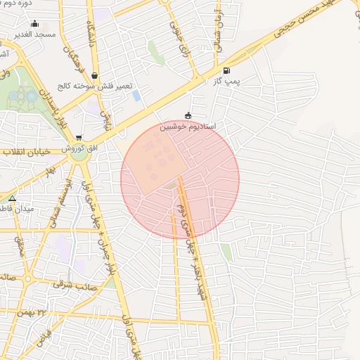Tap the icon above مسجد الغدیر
point(35,23)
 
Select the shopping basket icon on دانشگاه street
point(94,75)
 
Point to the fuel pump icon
point(226,70)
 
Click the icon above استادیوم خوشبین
point(188,115)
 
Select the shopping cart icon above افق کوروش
point(78,138)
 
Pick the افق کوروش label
point(73,148)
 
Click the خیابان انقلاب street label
point(23,151)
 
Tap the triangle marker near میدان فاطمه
point(12,198)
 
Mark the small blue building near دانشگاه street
point(136,95)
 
